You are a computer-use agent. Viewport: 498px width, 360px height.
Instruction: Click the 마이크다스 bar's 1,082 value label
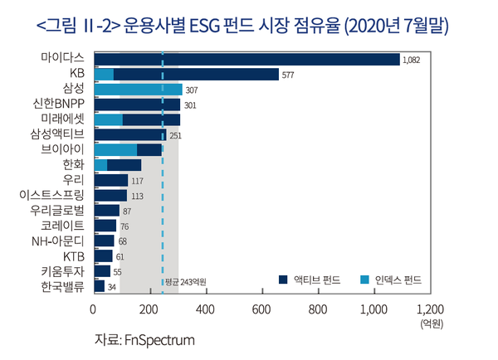pyautogui.click(x=412, y=61)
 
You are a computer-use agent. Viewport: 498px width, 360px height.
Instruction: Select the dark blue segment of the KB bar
pyautogui.click(x=196, y=75)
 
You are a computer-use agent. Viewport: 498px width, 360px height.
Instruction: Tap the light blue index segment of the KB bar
pyautogui.click(x=104, y=75)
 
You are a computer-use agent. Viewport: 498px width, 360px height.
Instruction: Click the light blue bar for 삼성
pyautogui.click(x=138, y=90)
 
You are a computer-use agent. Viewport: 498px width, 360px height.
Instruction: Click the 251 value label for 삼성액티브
pyautogui.click(x=175, y=135)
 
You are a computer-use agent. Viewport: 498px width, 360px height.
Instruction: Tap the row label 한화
pyautogui.click(x=73, y=165)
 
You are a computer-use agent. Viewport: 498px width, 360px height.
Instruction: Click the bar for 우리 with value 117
pyautogui.click(x=111, y=180)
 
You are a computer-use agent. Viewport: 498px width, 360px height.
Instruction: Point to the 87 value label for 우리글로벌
pyautogui.click(x=127, y=211)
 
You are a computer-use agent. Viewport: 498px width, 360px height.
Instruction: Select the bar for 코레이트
pyautogui.click(x=105, y=226)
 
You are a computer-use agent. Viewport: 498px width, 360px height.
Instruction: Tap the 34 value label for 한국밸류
pyautogui.click(x=112, y=286)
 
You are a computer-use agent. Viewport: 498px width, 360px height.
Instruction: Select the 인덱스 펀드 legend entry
pyautogui.click(x=391, y=280)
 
